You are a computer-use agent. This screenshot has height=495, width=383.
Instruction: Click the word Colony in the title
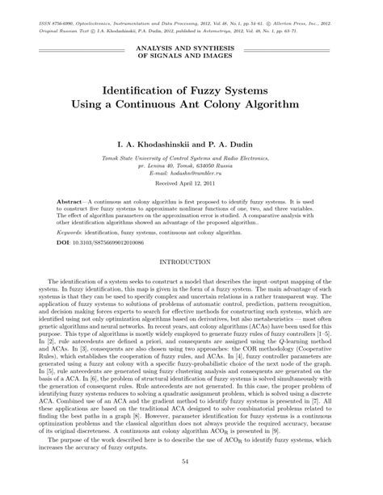[x=229, y=105]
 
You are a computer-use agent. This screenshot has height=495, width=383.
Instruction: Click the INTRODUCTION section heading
[x=191, y=262]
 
